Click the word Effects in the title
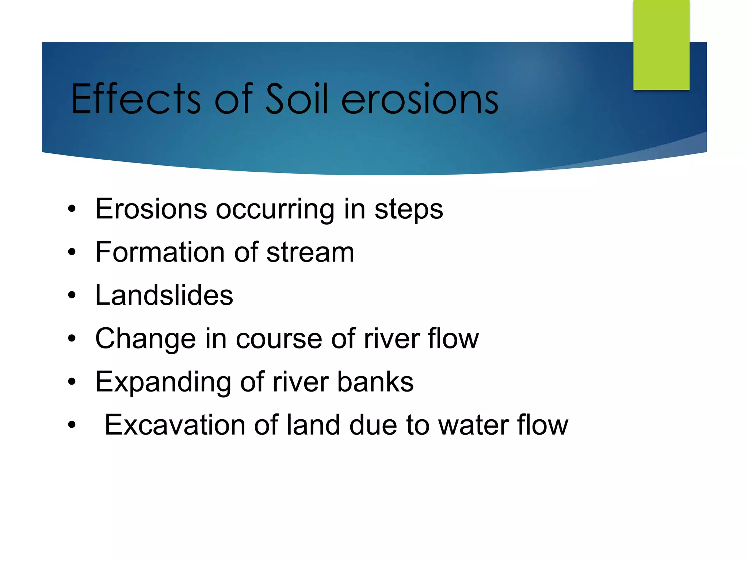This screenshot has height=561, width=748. coord(136,99)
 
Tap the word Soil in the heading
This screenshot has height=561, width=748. coord(296,99)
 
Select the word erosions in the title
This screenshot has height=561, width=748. coord(420,100)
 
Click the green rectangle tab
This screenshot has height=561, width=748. coord(661,45)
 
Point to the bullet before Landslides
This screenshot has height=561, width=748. coord(72,295)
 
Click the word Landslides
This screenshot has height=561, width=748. coord(164,295)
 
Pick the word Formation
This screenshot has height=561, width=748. coord(160,252)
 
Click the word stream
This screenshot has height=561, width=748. coord(310,252)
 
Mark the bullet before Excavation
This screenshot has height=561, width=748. coord(72,425)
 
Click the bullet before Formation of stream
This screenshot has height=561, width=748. coord(72,252)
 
